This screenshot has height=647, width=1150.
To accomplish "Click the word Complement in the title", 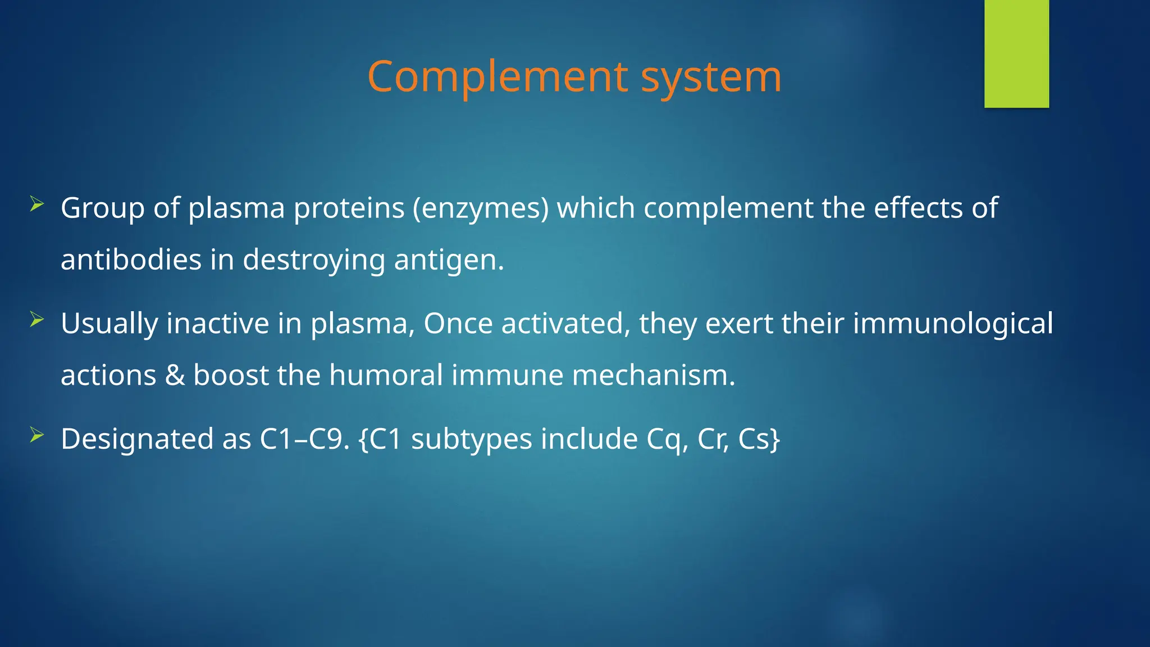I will (498, 77).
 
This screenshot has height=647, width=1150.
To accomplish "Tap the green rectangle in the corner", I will (1016, 53).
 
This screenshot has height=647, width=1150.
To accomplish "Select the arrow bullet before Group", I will (37, 204).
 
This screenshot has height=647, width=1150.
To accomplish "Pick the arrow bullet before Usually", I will (37, 320).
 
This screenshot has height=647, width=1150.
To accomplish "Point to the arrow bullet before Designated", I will (37, 435).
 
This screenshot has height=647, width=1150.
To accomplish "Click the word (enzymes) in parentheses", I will (481, 208).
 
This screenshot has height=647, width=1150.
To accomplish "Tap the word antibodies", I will (131, 260).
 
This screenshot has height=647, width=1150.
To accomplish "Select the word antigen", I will (449, 260).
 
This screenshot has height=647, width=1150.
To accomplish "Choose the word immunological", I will (953, 324).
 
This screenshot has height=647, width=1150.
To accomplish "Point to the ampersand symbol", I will (175, 375).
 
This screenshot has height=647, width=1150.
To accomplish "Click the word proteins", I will (349, 208).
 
